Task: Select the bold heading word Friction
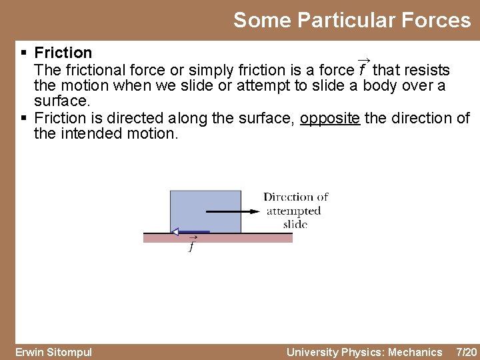63,53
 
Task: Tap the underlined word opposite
330,118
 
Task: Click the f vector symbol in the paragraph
363,69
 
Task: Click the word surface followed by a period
61,101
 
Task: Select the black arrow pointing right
233,212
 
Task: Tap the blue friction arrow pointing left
189,232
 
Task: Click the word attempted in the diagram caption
293,211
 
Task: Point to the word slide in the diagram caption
295,224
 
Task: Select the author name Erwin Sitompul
53,352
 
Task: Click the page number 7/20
465,352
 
